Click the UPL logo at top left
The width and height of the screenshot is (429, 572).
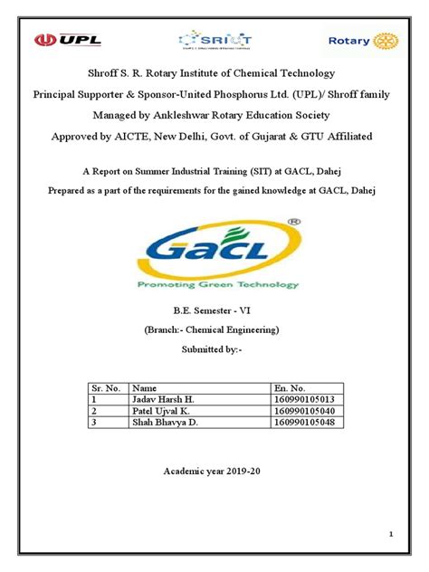67,40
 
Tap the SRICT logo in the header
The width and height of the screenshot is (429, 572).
214,41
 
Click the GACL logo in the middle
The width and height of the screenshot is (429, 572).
214,251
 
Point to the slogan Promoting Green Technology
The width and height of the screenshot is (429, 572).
214,284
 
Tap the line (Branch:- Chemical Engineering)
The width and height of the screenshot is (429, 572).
214,330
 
